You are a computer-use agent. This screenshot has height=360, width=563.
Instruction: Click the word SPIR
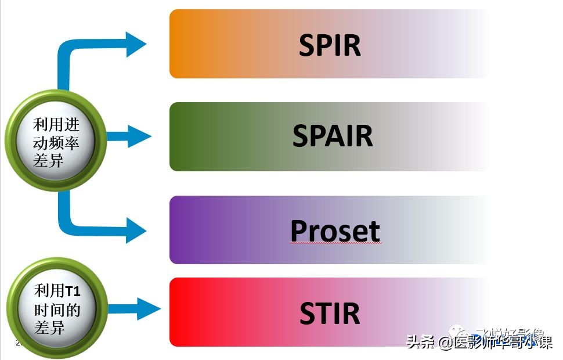tap(330, 45)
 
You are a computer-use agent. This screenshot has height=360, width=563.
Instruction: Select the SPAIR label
tap(333, 136)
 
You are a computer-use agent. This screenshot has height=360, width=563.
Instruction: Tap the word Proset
tap(335, 231)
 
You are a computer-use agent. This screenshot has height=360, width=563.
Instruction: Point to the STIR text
tap(330, 313)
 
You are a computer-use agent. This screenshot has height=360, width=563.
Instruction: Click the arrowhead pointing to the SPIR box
tap(136, 44)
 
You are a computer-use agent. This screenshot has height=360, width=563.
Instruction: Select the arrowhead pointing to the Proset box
tap(136, 231)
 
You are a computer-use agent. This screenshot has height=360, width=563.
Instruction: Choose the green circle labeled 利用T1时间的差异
tap(56, 309)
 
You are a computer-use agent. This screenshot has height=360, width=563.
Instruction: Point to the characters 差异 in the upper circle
tap(49, 160)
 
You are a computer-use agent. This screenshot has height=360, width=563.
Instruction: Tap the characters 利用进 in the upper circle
tap(56, 124)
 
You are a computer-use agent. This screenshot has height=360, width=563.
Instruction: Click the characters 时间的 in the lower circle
tap(56, 309)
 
